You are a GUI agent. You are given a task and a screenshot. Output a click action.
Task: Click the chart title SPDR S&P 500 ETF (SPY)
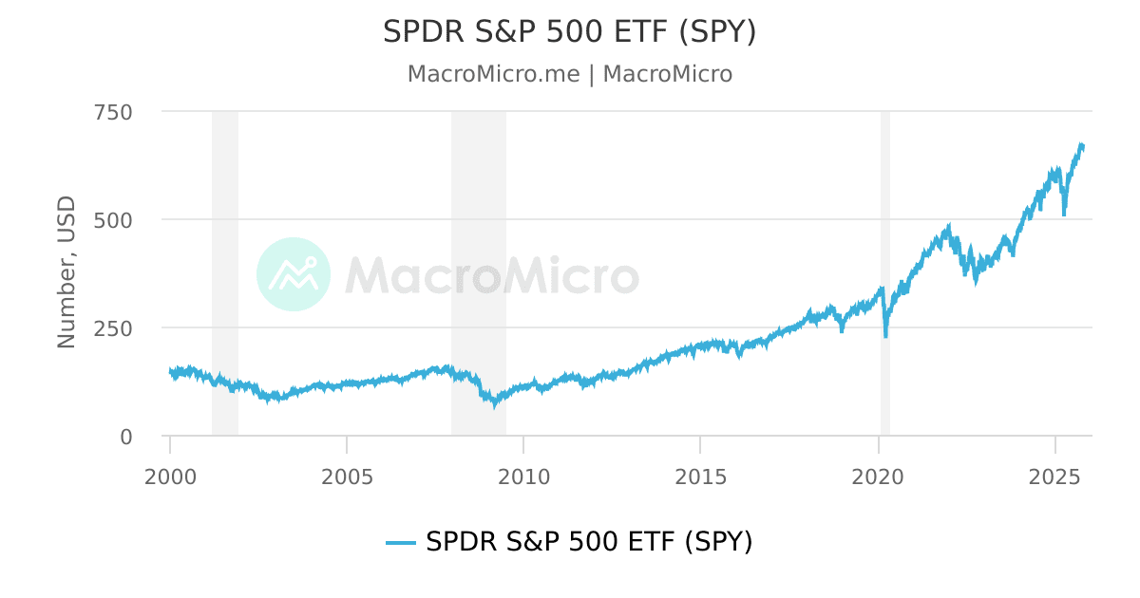click(569, 32)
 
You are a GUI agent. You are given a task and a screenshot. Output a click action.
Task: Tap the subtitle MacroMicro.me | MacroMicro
click(569, 74)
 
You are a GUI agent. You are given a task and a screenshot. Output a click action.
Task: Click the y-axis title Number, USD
click(66, 272)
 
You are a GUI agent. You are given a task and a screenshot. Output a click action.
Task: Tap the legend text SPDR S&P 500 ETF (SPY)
click(589, 542)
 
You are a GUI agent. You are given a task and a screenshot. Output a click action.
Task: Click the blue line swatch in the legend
click(401, 543)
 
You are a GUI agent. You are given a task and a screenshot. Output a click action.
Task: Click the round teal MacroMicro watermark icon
click(294, 274)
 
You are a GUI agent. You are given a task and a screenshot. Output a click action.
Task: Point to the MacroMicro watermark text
click(491, 275)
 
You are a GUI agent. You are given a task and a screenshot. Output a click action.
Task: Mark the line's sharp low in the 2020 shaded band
click(885, 335)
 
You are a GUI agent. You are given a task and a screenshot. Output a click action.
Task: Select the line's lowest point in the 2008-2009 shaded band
click(493, 405)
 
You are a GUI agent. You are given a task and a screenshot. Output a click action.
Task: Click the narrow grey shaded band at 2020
click(884, 190)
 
